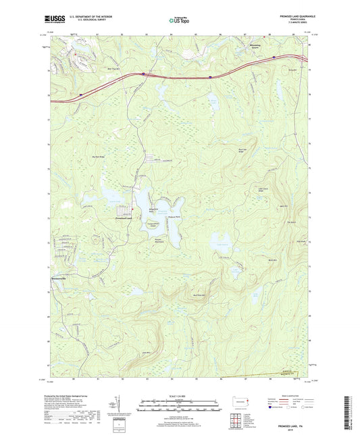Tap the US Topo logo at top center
(179, 21)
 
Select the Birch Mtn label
(274, 259)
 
